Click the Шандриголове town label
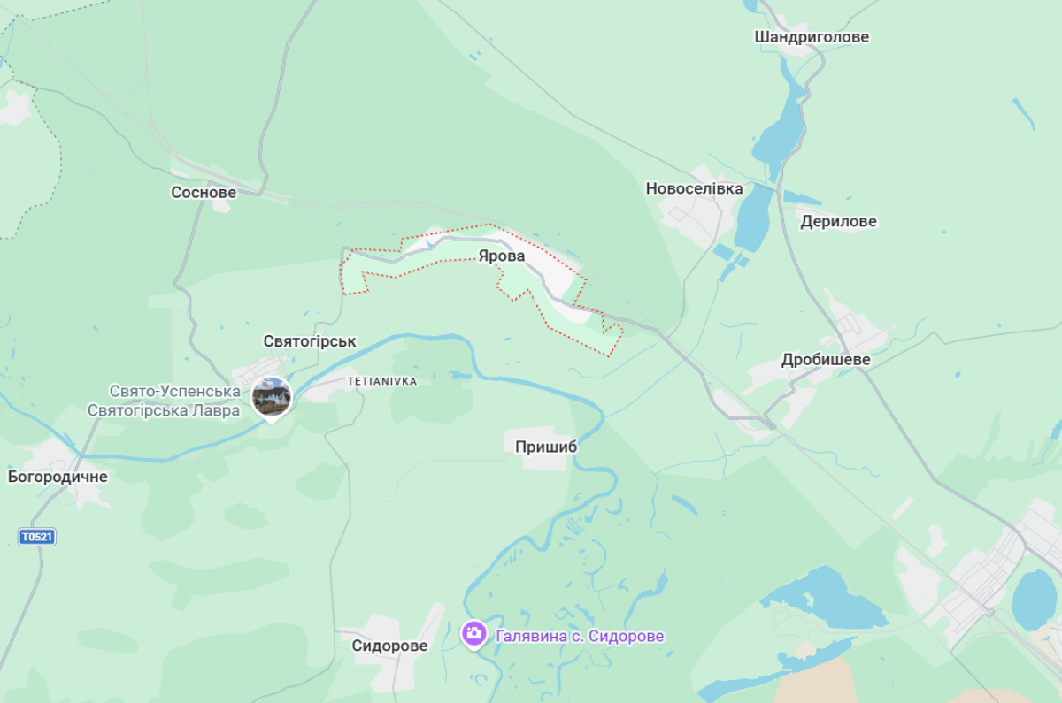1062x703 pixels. (811, 37)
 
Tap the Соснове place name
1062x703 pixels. (204, 192)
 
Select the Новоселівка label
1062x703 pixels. (694, 188)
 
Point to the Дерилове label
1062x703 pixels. (838, 221)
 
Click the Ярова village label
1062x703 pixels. (501, 256)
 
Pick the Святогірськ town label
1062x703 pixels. (309, 340)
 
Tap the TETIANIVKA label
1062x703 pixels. (381, 381)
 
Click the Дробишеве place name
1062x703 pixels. (826, 360)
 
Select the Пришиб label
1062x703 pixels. (546, 447)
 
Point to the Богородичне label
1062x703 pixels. (58, 477)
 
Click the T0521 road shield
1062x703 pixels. (36, 537)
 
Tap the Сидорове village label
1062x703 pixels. (389, 646)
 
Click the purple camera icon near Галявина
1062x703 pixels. (474, 633)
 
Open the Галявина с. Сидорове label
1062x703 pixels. (580, 636)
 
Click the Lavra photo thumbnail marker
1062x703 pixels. (272, 396)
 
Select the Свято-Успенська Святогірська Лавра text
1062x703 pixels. (164, 401)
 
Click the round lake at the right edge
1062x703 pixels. (1034, 600)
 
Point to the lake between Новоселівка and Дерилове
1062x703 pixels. (754, 218)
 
